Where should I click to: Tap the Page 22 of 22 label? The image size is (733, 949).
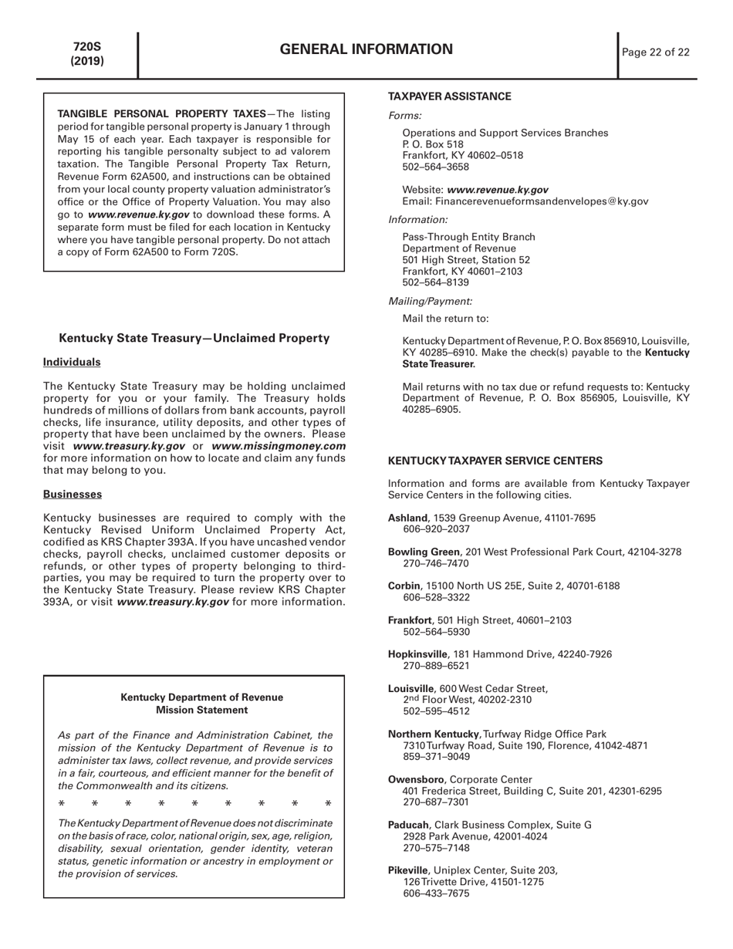click(655, 52)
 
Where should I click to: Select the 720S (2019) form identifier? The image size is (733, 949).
click(87, 54)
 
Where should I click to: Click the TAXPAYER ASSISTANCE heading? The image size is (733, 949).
click(449, 96)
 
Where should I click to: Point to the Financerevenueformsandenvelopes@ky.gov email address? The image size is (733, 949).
click(542, 201)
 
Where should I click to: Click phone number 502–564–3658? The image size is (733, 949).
click(435, 167)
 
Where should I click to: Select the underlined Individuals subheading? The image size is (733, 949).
click(72, 362)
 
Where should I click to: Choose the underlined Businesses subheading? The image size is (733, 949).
click(73, 494)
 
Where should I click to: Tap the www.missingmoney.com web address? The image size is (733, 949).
click(279, 446)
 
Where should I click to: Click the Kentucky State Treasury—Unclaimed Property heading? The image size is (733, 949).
click(194, 338)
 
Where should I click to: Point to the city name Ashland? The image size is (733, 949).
click(407, 518)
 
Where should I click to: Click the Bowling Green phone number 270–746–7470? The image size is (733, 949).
click(436, 563)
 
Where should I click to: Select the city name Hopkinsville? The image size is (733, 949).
click(417, 654)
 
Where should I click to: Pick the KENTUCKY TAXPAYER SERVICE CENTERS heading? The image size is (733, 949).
click(495, 461)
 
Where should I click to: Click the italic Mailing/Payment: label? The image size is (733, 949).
click(430, 301)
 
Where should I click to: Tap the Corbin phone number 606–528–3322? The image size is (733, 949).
click(436, 597)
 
